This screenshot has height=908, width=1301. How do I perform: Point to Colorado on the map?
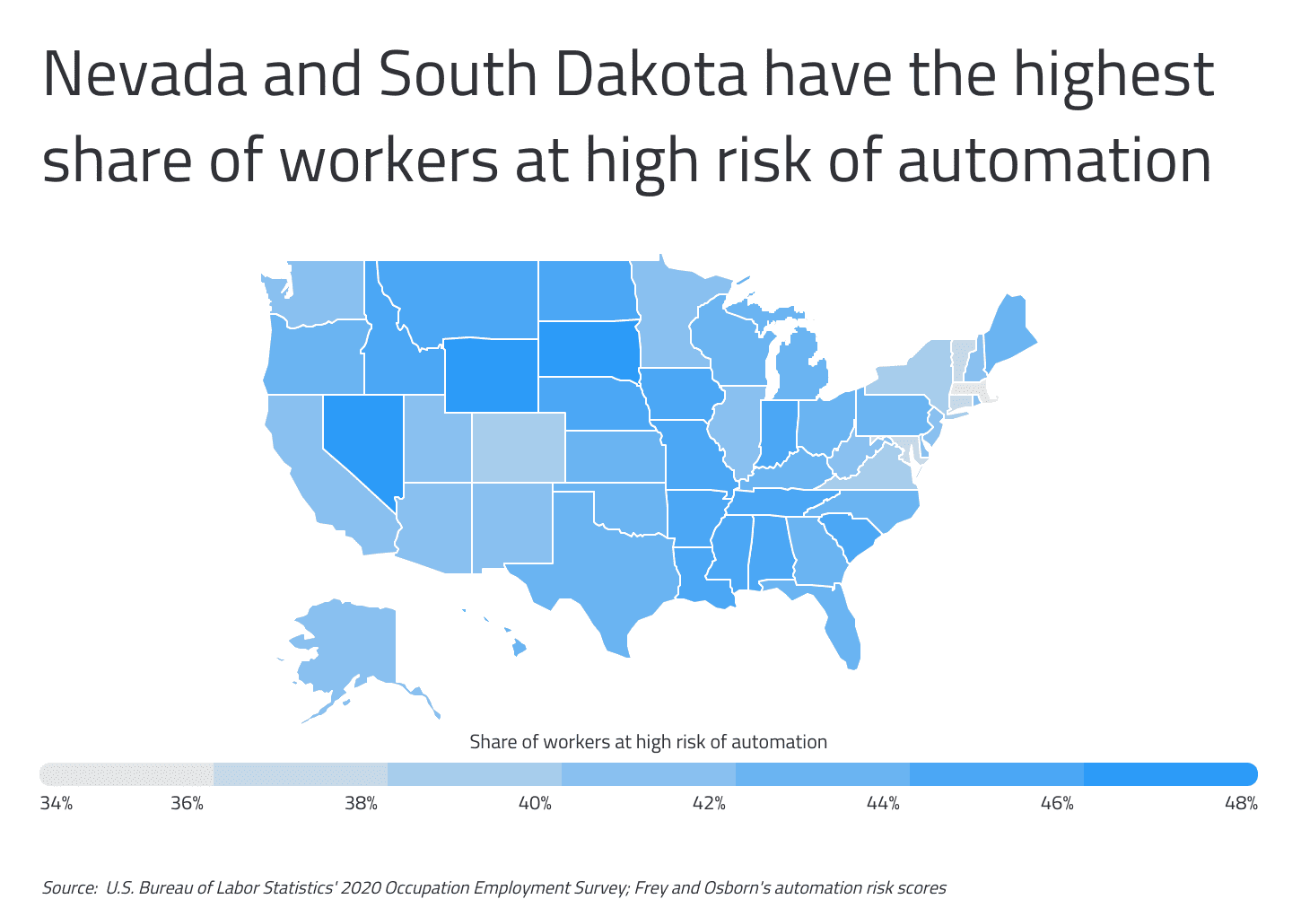519,447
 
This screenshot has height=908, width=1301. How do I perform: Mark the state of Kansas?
615,456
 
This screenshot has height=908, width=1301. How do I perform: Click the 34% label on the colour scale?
56,803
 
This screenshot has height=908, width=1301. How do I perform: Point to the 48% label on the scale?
1241,803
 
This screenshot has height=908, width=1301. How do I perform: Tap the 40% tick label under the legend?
535,803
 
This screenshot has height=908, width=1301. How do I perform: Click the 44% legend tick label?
883,803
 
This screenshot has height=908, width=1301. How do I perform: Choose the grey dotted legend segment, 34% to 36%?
127,773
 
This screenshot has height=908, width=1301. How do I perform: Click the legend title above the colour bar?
648,742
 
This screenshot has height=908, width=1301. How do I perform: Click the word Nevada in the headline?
144,75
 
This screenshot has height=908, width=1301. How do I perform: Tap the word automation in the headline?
1054,162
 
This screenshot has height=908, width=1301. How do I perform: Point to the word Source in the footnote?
68,888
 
